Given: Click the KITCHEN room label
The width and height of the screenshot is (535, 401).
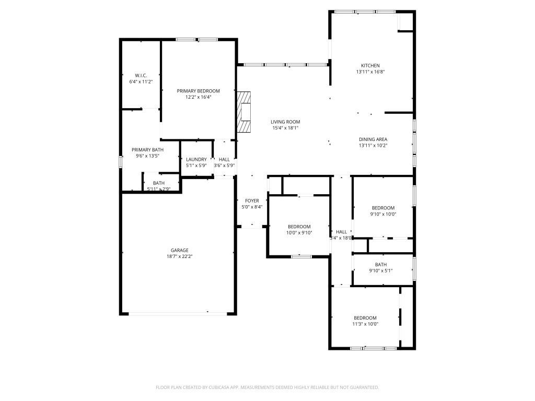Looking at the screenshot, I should (x=370, y=65).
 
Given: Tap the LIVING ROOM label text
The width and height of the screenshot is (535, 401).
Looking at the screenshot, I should (x=285, y=122).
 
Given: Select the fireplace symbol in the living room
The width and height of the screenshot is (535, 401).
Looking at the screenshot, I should (x=244, y=112).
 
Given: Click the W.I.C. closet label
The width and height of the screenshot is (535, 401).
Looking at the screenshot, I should (x=141, y=76).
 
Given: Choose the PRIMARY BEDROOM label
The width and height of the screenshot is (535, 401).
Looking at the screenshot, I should (x=198, y=91).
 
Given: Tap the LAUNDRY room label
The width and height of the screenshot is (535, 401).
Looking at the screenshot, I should (x=196, y=159).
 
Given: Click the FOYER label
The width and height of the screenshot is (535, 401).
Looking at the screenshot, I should (x=252, y=200).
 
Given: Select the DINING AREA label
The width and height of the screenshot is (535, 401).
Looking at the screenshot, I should (x=373, y=139).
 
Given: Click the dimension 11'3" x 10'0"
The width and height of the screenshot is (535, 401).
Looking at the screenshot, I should (x=365, y=324).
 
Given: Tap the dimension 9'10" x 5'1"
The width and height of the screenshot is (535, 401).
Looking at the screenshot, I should (x=380, y=270).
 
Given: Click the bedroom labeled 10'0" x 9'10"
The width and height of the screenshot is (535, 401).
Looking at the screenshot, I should (x=299, y=227).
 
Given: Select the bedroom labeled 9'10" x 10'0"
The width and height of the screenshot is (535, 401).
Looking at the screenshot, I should (x=383, y=208).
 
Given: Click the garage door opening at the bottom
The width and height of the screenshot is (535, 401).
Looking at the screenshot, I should (x=178, y=313).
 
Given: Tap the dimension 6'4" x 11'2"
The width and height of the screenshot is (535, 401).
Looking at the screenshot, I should (x=141, y=82).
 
